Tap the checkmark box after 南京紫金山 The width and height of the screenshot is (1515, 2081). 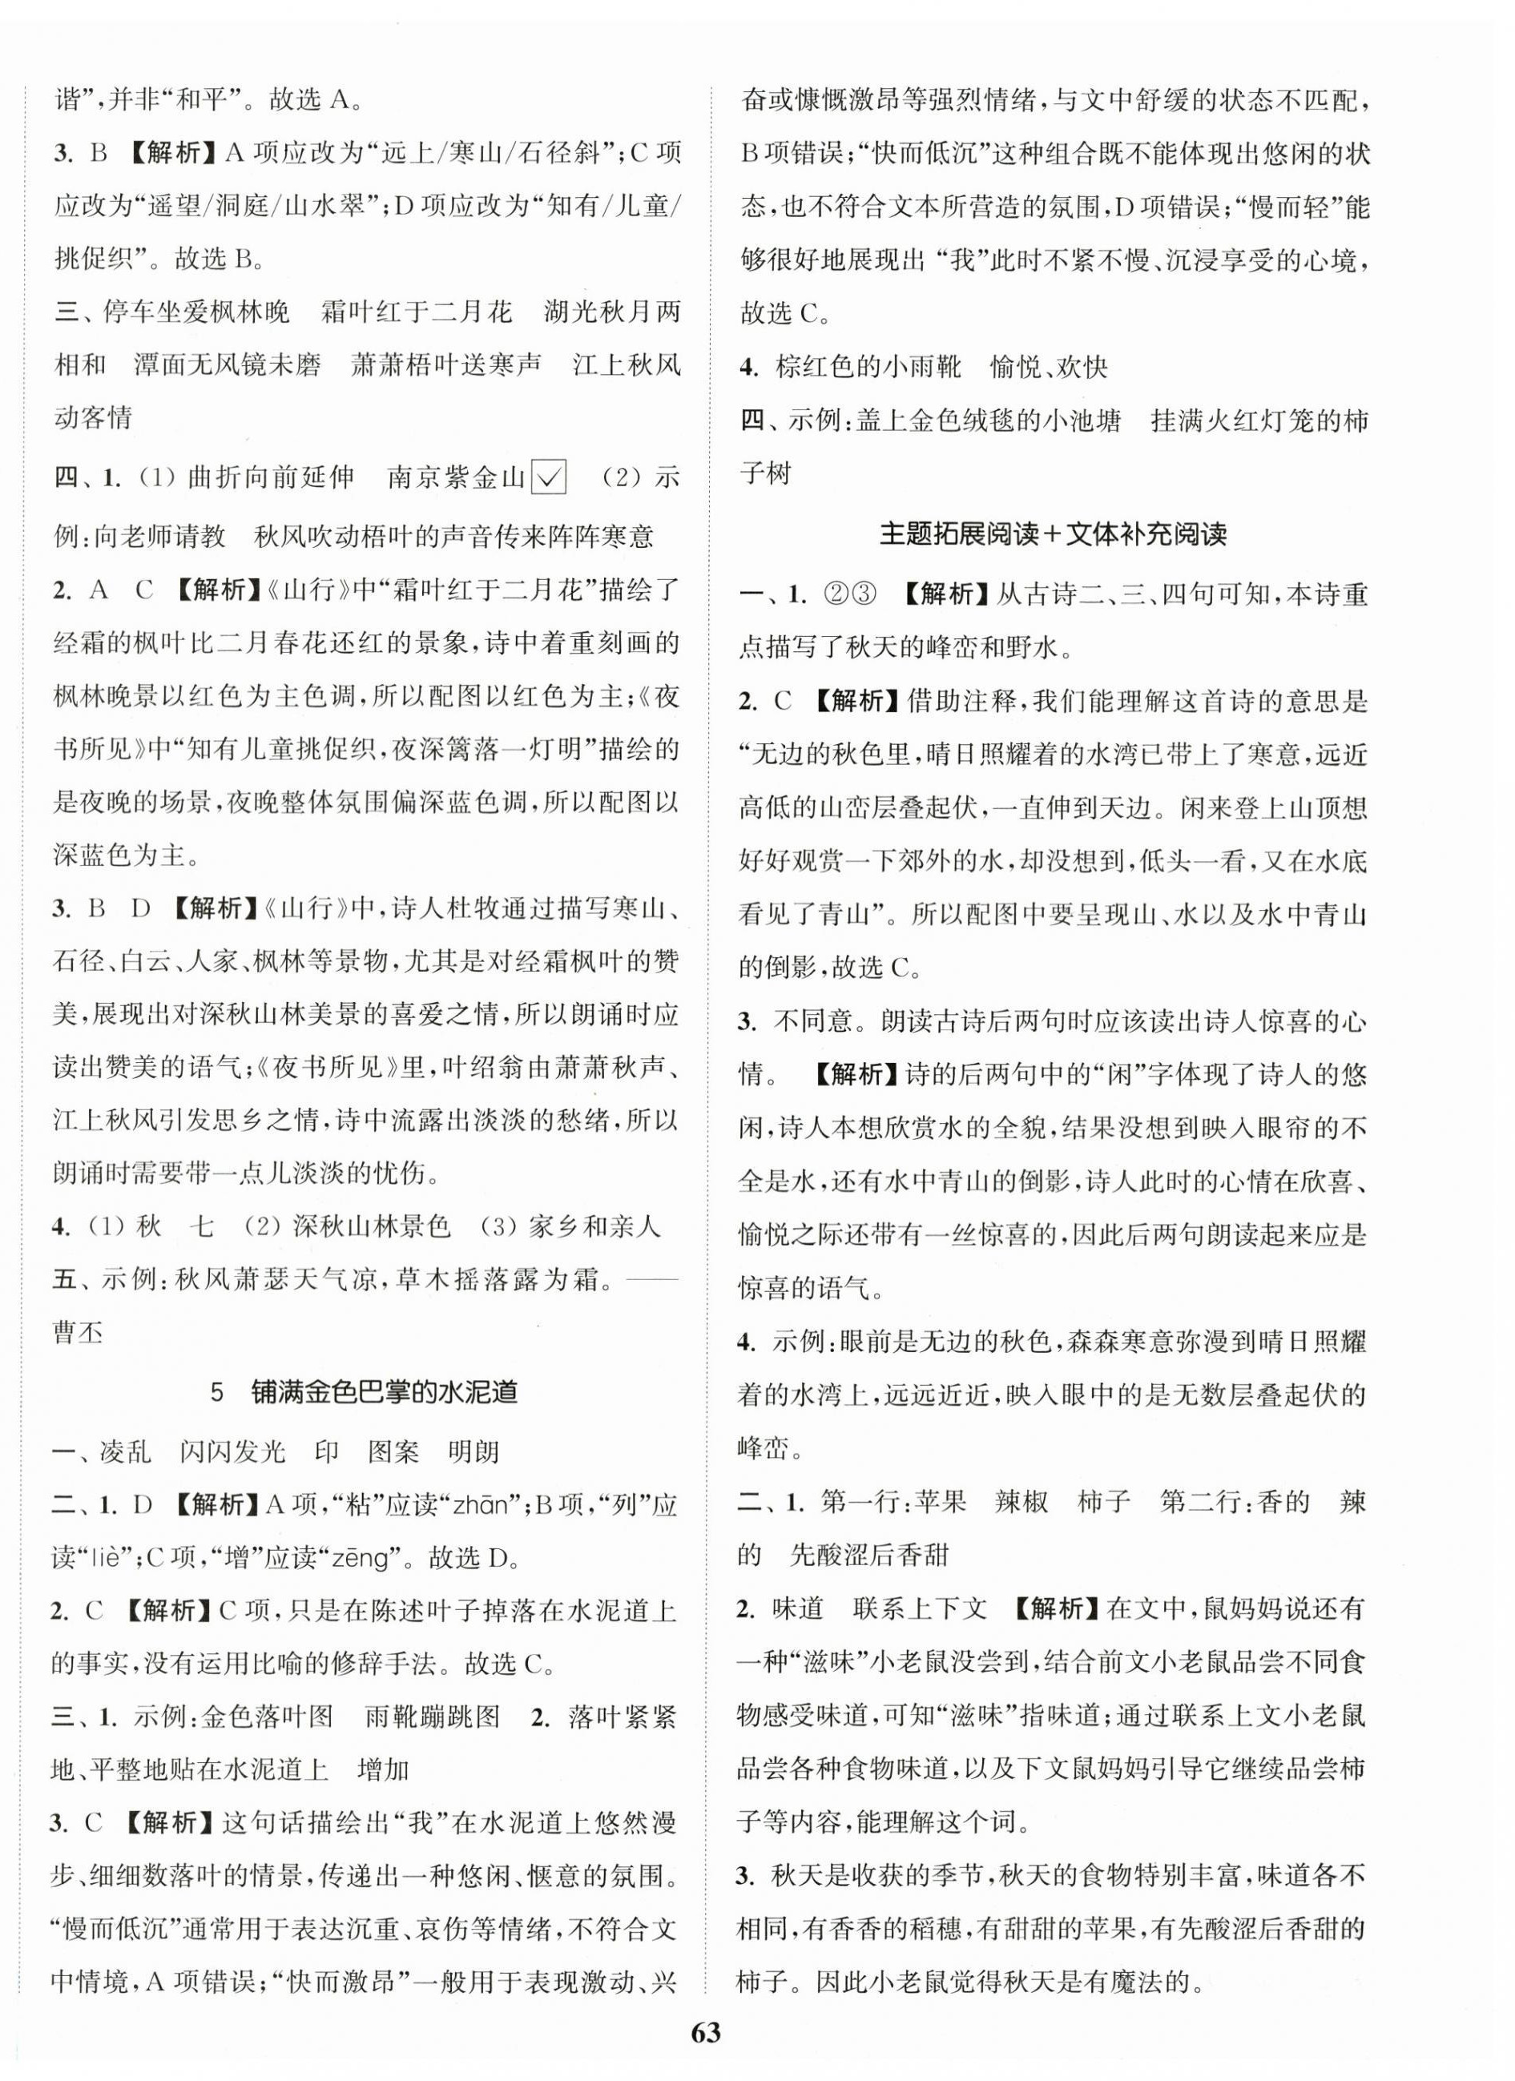549,477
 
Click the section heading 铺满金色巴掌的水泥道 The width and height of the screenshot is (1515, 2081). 384,1392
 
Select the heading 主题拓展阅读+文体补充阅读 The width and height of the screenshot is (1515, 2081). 1053,534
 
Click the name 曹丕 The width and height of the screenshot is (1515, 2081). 79,1332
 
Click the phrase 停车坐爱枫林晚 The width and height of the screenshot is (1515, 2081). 195,312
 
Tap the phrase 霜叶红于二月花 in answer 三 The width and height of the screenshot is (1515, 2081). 416,312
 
